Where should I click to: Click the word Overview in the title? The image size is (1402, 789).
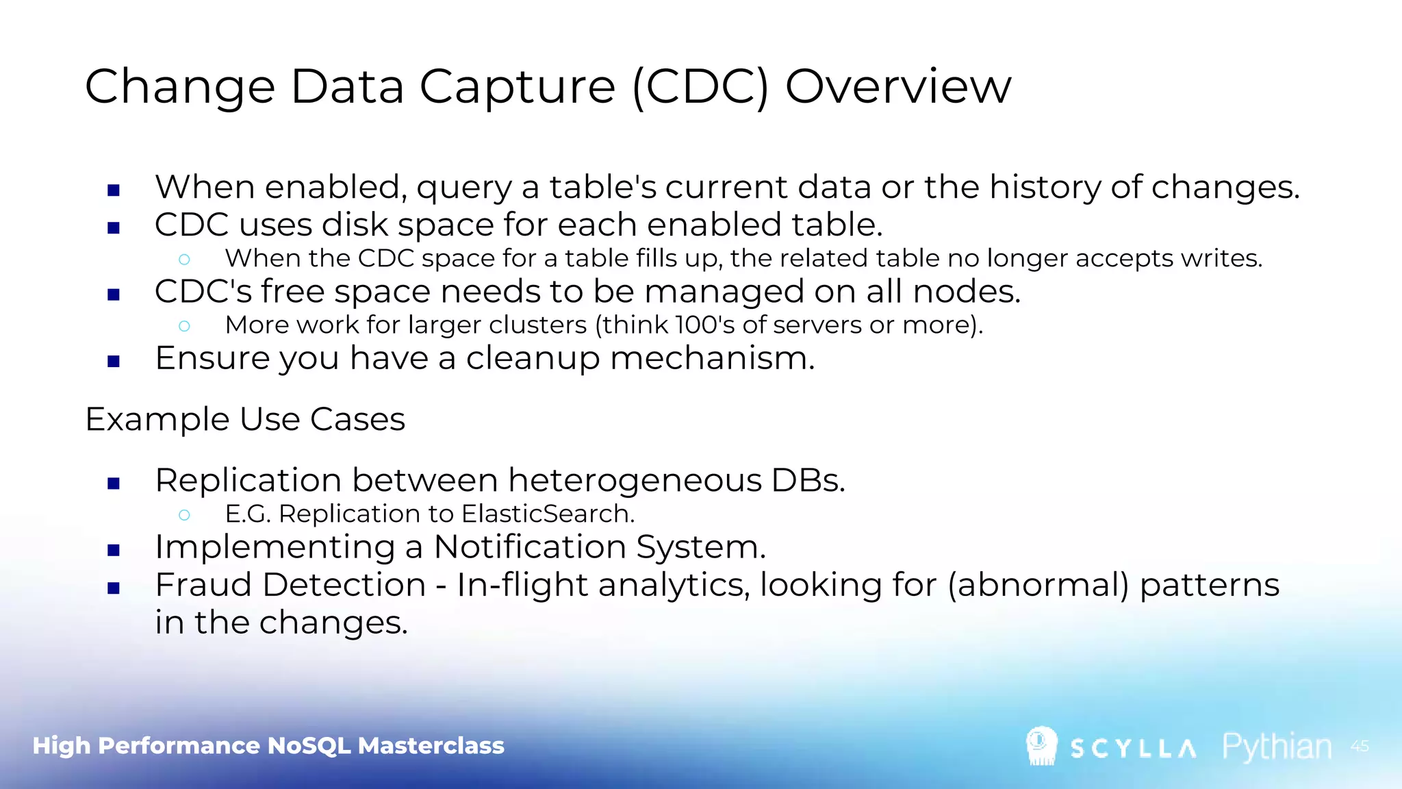point(897,87)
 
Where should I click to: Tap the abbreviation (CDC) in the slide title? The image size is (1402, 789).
point(700,87)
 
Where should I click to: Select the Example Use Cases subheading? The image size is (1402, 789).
point(245,419)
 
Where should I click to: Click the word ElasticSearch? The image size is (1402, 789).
point(548,514)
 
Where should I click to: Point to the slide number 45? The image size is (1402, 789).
point(1360,746)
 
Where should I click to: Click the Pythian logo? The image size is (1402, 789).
point(1277,747)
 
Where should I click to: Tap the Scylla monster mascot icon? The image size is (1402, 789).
point(1041,746)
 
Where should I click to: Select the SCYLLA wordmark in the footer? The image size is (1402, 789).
point(1133,749)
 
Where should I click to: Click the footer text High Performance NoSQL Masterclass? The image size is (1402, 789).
point(268,745)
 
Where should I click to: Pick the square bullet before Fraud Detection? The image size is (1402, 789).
point(114,587)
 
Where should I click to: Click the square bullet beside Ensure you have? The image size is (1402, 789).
point(114,361)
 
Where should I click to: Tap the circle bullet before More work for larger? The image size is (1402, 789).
point(184,326)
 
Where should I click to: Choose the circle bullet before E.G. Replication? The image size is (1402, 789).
point(184,515)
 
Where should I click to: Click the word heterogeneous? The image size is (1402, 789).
point(635,480)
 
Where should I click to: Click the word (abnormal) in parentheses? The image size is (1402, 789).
point(1038,585)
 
